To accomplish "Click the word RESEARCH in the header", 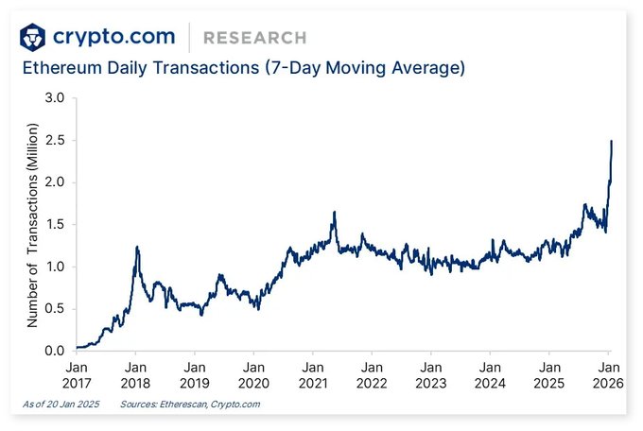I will point(255,38).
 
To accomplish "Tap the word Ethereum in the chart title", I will point(61,69).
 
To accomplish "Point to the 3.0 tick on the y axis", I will point(53,98).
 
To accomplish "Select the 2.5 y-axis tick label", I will point(53,141).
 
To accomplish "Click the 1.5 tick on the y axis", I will point(53,225).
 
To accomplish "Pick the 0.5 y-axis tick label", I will point(53,309).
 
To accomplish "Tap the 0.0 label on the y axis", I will point(53,352).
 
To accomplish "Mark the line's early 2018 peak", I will point(137,247).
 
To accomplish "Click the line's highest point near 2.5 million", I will point(612,141).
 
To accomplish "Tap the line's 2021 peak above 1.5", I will point(334,213).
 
